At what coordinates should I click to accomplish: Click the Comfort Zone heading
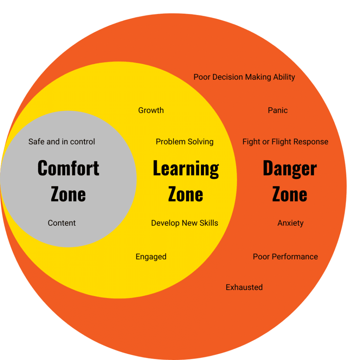point(68,181)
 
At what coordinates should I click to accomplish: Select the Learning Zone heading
point(186,181)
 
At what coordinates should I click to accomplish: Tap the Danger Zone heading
point(290,181)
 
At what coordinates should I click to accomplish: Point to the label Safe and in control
point(62,142)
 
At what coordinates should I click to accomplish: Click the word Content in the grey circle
point(62,223)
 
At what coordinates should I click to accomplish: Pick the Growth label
point(151,110)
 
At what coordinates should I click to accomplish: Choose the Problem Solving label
point(185,142)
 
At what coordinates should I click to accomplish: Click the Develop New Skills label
point(185,223)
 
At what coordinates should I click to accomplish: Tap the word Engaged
point(151,257)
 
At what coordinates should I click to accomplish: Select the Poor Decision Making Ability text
point(244,77)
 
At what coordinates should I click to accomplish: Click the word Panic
point(278,110)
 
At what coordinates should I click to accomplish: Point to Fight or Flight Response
point(285,142)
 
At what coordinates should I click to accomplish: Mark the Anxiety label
point(290,223)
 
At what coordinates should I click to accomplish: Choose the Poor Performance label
point(285,257)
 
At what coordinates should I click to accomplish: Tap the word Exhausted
point(244,287)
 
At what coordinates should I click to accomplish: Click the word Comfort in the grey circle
point(68,168)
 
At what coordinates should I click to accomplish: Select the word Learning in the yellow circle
point(186,169)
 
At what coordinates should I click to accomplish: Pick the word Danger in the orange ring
point(290,169)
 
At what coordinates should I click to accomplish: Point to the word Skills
point(209,223)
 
